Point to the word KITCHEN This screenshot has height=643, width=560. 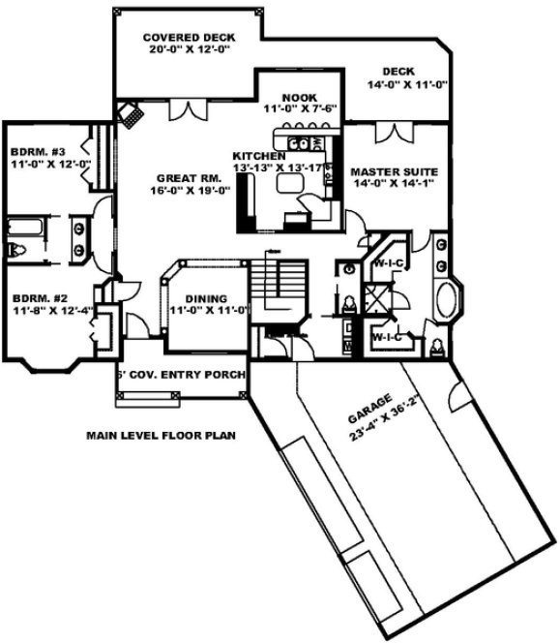point(258,155)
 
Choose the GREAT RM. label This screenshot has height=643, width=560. point(185,177)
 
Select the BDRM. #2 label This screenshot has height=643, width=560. point(36,297)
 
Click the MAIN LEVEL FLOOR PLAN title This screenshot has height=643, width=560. point(162,436)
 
